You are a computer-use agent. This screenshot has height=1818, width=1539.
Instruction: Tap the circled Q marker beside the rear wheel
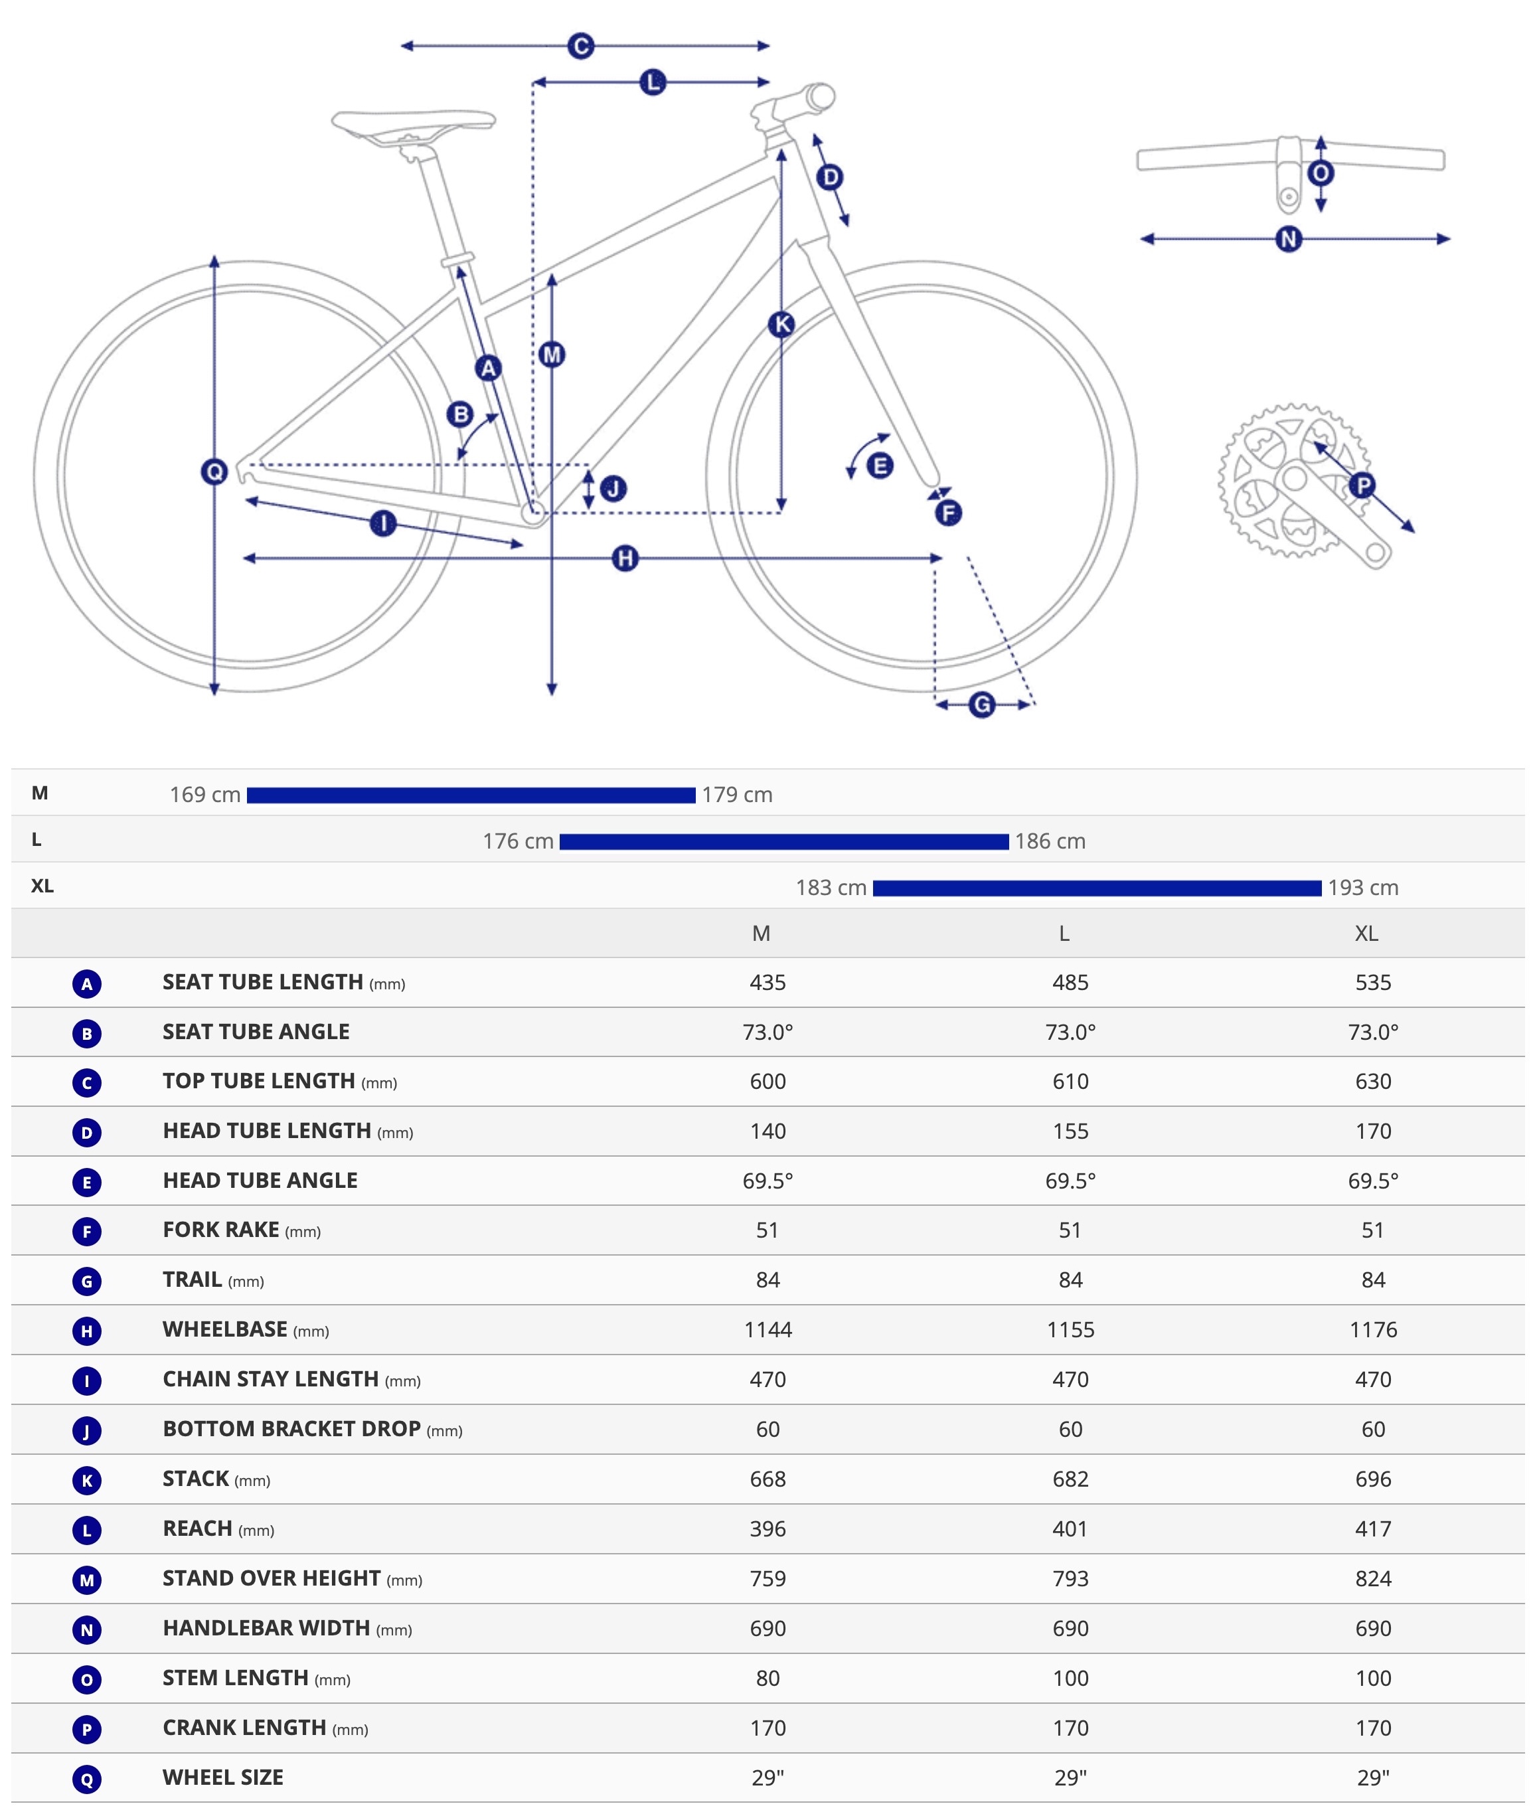coord(214,472)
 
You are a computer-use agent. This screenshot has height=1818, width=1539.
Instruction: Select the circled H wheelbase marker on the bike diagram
coord(625,558)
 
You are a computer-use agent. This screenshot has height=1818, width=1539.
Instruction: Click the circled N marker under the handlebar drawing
coord(1289,239)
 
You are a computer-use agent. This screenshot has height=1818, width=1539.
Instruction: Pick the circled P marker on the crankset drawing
coord(1361,485)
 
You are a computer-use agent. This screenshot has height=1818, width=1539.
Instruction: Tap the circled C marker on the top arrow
coord(580,45)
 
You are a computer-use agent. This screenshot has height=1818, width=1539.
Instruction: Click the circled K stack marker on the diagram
coord(781,325)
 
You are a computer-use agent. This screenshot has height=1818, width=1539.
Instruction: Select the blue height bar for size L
coord(783,842)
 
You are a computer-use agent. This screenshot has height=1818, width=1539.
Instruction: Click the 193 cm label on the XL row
coord(1363,888)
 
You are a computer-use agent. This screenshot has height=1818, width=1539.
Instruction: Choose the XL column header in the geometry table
coord(1366,934)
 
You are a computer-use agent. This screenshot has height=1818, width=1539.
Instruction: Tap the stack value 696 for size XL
coord(1372,1479)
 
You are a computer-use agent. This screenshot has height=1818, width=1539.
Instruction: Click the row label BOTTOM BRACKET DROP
coord(291,1429)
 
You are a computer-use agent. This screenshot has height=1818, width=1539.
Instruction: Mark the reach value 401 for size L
coord(1070,1529)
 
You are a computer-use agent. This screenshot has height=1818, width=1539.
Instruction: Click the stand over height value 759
coord(767,1578)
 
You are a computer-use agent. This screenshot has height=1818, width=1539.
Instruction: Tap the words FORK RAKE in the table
coord(220,1230)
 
